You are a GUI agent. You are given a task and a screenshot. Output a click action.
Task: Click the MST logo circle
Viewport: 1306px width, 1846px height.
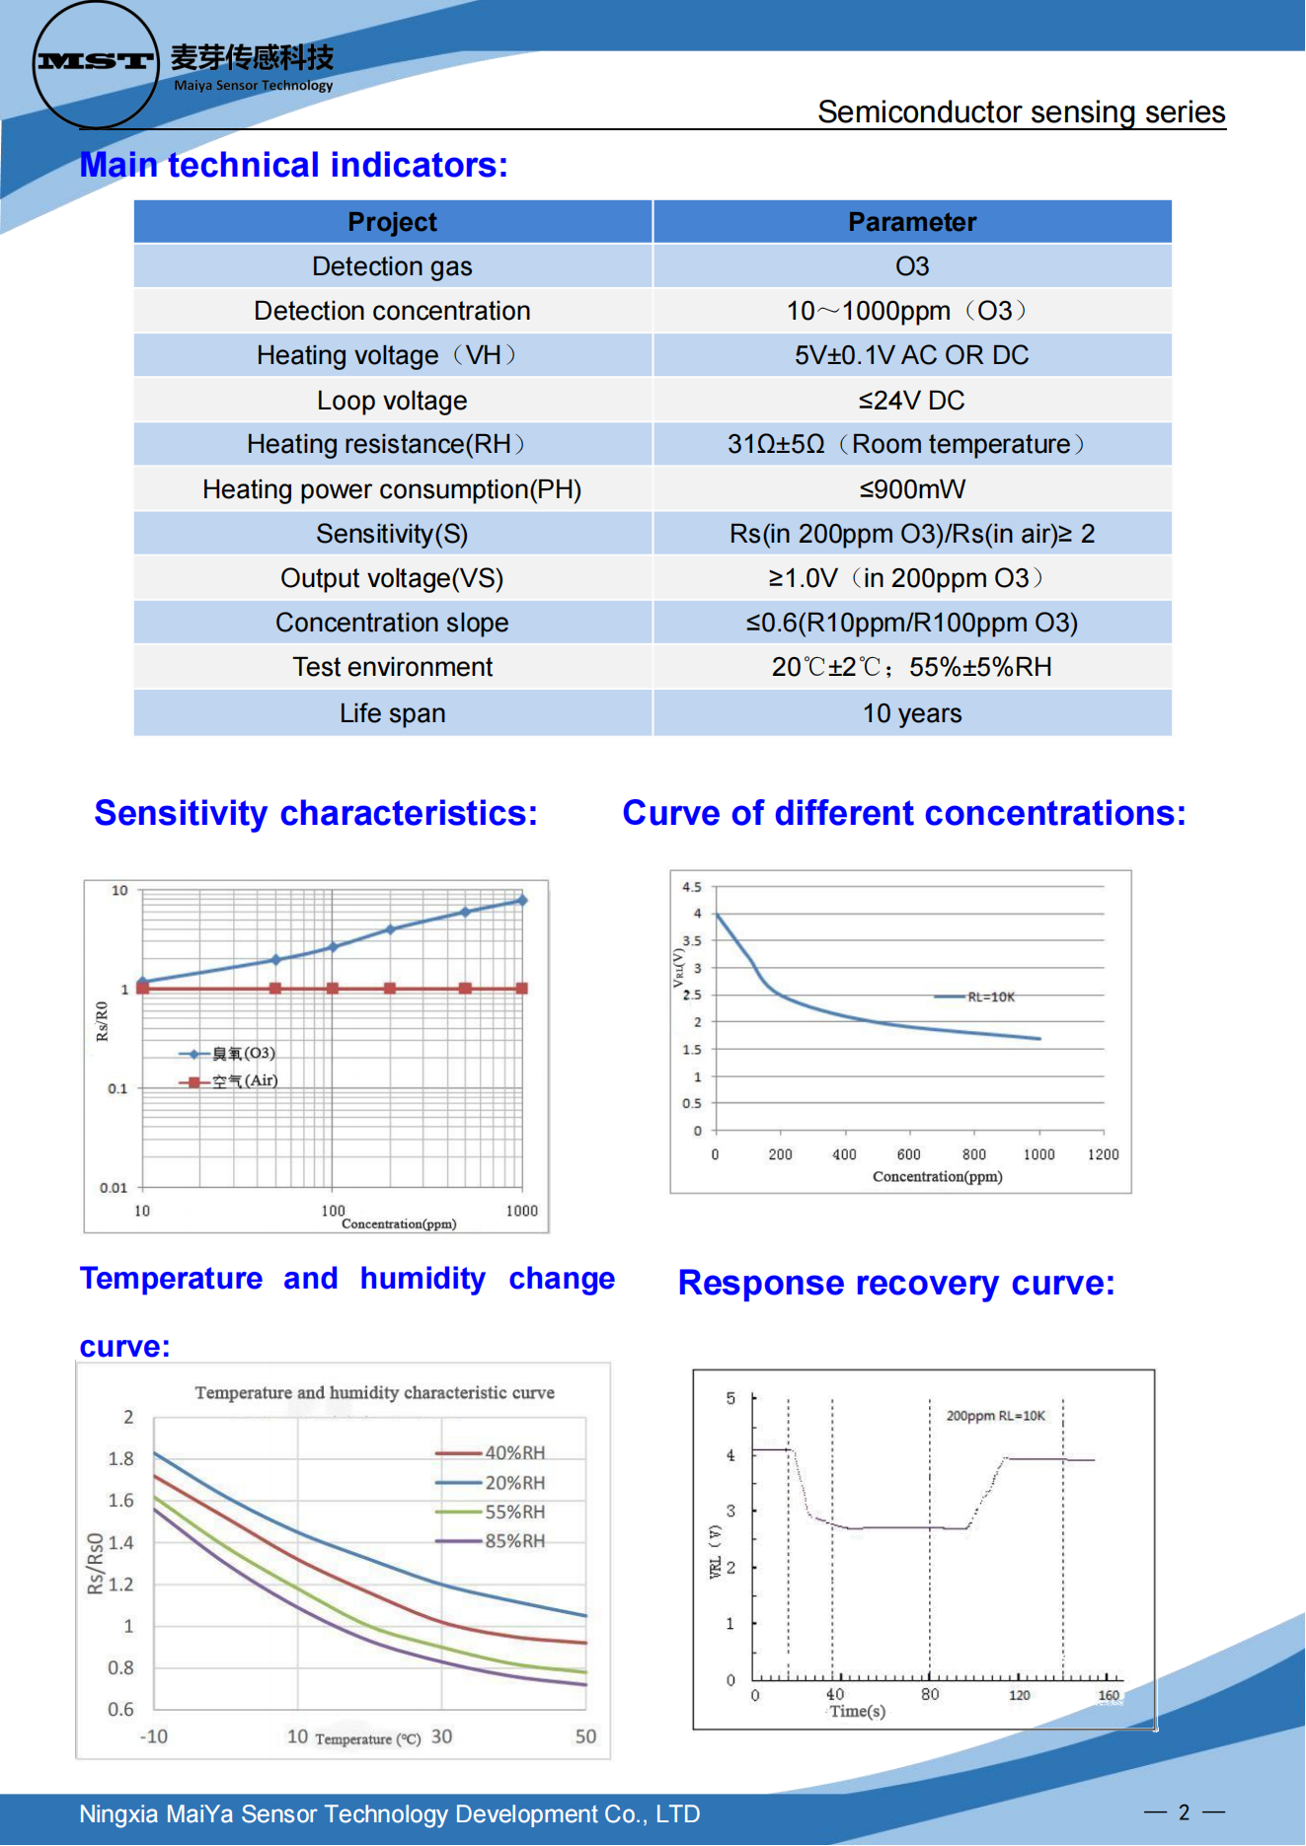tap(95, 64)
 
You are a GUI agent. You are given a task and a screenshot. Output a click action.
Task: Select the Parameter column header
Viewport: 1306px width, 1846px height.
tap(912, 222)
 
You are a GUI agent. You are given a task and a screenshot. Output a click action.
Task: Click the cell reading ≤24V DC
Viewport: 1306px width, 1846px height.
tap(912, 401)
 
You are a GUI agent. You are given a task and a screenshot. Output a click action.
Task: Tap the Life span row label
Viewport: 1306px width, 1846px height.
tap(392, 713)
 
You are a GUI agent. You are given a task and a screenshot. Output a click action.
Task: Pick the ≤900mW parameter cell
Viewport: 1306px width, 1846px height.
tap(912, 489)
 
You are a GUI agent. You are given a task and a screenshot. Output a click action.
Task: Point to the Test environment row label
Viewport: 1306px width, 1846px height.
tap(392, 668)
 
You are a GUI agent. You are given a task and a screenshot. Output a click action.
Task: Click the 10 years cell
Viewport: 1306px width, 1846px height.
tap(912, 713)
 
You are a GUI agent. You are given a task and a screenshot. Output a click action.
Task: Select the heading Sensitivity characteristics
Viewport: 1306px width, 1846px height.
tap(316, 813)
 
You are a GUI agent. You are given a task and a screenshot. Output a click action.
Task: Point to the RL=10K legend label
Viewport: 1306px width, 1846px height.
tap(990, 997)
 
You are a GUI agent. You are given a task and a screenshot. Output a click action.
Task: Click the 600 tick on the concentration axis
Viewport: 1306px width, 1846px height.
tap(908, 1154)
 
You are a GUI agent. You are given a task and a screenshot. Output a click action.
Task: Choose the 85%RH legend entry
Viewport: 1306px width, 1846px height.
tap(513, 1541)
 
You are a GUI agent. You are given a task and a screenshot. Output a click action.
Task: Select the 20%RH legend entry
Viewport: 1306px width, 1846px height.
tap(513, 1483)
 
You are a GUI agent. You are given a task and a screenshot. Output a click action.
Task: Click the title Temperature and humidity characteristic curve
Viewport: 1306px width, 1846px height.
tap(374, 1393)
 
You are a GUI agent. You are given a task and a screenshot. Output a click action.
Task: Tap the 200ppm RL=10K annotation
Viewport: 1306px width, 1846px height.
tap(995, 1416)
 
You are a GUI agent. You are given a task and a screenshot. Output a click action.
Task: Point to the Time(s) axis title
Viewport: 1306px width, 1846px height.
tap(857, 1712)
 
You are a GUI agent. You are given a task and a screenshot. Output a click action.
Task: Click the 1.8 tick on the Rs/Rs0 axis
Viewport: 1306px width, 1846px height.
tap(121, 1459)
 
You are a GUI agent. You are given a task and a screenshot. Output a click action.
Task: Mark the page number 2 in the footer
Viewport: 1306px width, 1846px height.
tap(1184, 1812)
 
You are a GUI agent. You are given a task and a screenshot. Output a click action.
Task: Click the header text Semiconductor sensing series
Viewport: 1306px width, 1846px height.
tap(1021, 112)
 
